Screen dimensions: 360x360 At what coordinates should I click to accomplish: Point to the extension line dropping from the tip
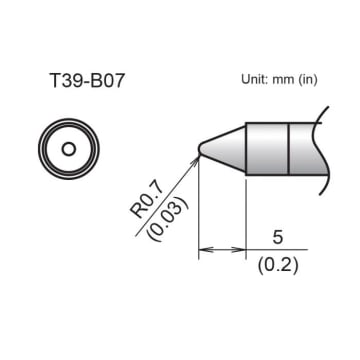(x=199, y=210)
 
